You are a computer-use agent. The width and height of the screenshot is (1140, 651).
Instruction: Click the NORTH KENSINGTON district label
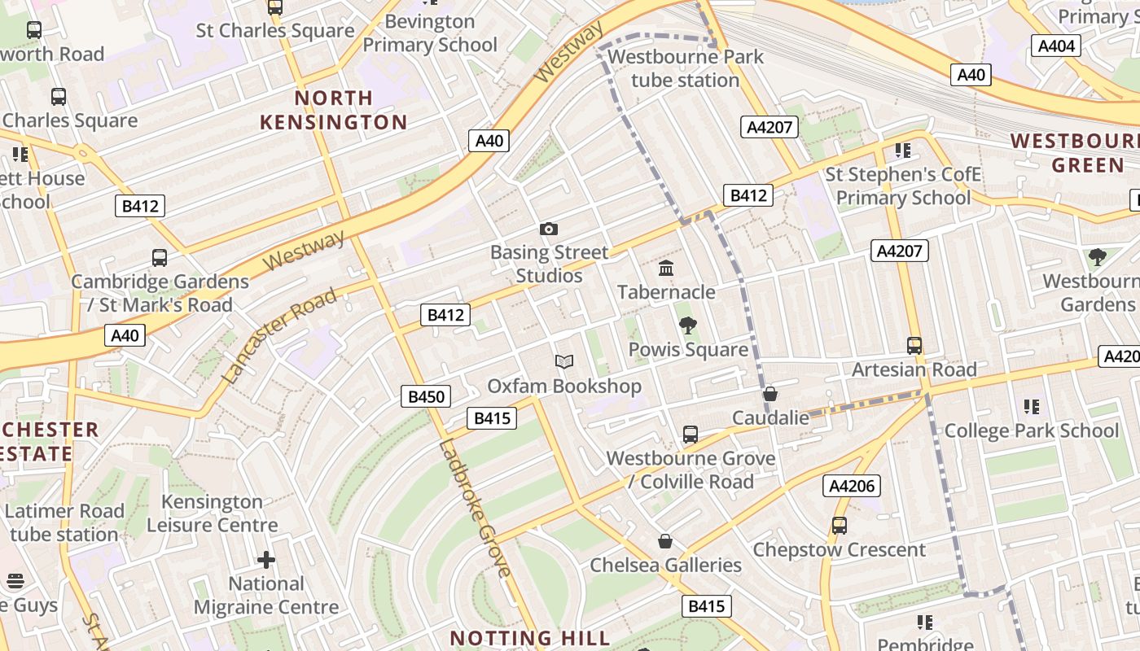click(x=333, y=110)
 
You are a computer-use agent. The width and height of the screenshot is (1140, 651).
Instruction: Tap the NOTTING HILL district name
click(x=529, y=637)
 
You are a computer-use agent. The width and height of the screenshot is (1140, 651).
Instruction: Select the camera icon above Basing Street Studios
click(x=549, y=229)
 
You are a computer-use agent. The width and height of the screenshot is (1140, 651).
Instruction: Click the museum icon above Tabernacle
click(x=666, y=268)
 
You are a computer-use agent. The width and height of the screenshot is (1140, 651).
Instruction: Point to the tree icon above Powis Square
click(x=688, y=325)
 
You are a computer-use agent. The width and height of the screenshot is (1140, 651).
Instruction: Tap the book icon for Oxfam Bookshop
click(x=564, y=361)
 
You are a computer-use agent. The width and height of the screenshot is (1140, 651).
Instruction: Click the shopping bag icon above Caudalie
click(x=770, y=394)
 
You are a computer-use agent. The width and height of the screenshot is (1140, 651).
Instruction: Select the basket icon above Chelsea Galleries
click(x=665, y=541)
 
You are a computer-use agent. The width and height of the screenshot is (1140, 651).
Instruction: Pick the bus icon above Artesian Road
click(x=914, y=345)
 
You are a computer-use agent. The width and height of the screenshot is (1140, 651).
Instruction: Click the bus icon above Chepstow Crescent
click(x=839, y=526)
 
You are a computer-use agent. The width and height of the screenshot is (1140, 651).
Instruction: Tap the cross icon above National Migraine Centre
click(x=266, y=560)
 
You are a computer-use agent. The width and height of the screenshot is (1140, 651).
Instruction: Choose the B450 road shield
click(x=426, y=396)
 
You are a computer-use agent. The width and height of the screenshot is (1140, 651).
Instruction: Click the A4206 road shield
click(x=852, y=486)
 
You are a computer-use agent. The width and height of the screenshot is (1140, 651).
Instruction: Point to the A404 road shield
click(x=1056, y=46)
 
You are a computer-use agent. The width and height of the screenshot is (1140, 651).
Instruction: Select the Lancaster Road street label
click(x=278, y=335)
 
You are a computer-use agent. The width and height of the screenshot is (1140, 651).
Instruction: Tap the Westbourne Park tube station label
click(x=686, y=68)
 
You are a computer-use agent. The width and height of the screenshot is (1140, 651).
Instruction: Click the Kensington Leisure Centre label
click(x=212, y=513)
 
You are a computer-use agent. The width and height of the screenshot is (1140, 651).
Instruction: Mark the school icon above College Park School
click(x=1032, y=406)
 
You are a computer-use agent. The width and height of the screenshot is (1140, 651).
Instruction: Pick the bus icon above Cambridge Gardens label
click(x=160, y=258)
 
